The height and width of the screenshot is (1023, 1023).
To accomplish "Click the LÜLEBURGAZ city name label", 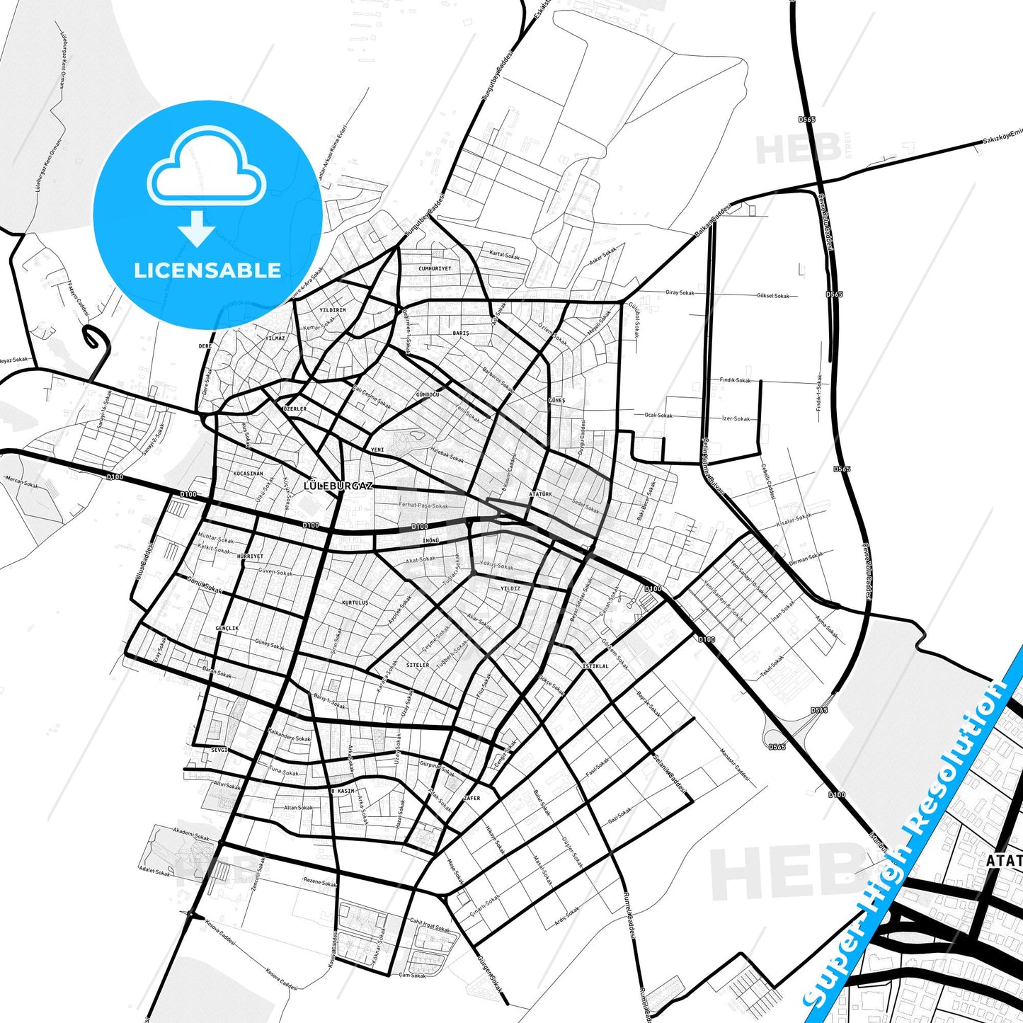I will pos(338,486).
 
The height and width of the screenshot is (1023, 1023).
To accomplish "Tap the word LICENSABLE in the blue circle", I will pos(207,270).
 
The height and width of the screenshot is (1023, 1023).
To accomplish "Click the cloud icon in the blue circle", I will pos(206,167).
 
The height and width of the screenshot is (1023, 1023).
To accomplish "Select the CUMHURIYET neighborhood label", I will pos(435,269).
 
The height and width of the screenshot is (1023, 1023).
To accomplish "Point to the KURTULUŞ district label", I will pos(355,603).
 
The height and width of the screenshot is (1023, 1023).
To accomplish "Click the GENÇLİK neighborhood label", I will pos(227,629).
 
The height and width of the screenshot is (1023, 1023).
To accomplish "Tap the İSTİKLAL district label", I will pos(595,666).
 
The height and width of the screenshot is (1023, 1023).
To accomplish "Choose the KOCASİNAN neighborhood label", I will pos(248,474).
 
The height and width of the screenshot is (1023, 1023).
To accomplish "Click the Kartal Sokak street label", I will pos(505,254).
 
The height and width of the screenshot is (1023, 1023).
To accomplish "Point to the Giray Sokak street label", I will pos(680,292).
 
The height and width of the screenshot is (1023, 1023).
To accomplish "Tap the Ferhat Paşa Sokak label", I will pos(424,505).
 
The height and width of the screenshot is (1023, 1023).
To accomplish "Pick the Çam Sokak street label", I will pos(413,976).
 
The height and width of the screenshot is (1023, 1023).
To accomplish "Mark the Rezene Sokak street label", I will pos(320,883).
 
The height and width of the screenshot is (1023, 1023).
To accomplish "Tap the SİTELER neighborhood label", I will pos(418,665).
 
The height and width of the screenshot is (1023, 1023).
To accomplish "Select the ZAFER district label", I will pos(472,798).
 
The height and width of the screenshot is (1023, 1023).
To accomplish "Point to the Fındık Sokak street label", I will pos(736,380).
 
